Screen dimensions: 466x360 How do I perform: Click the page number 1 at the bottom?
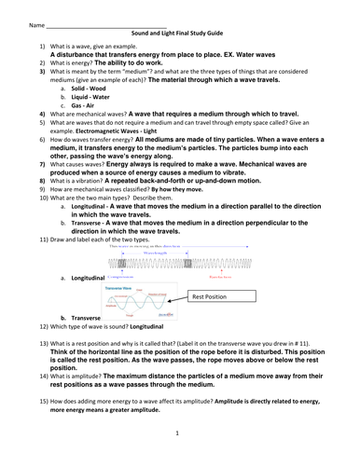click(177, 433)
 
